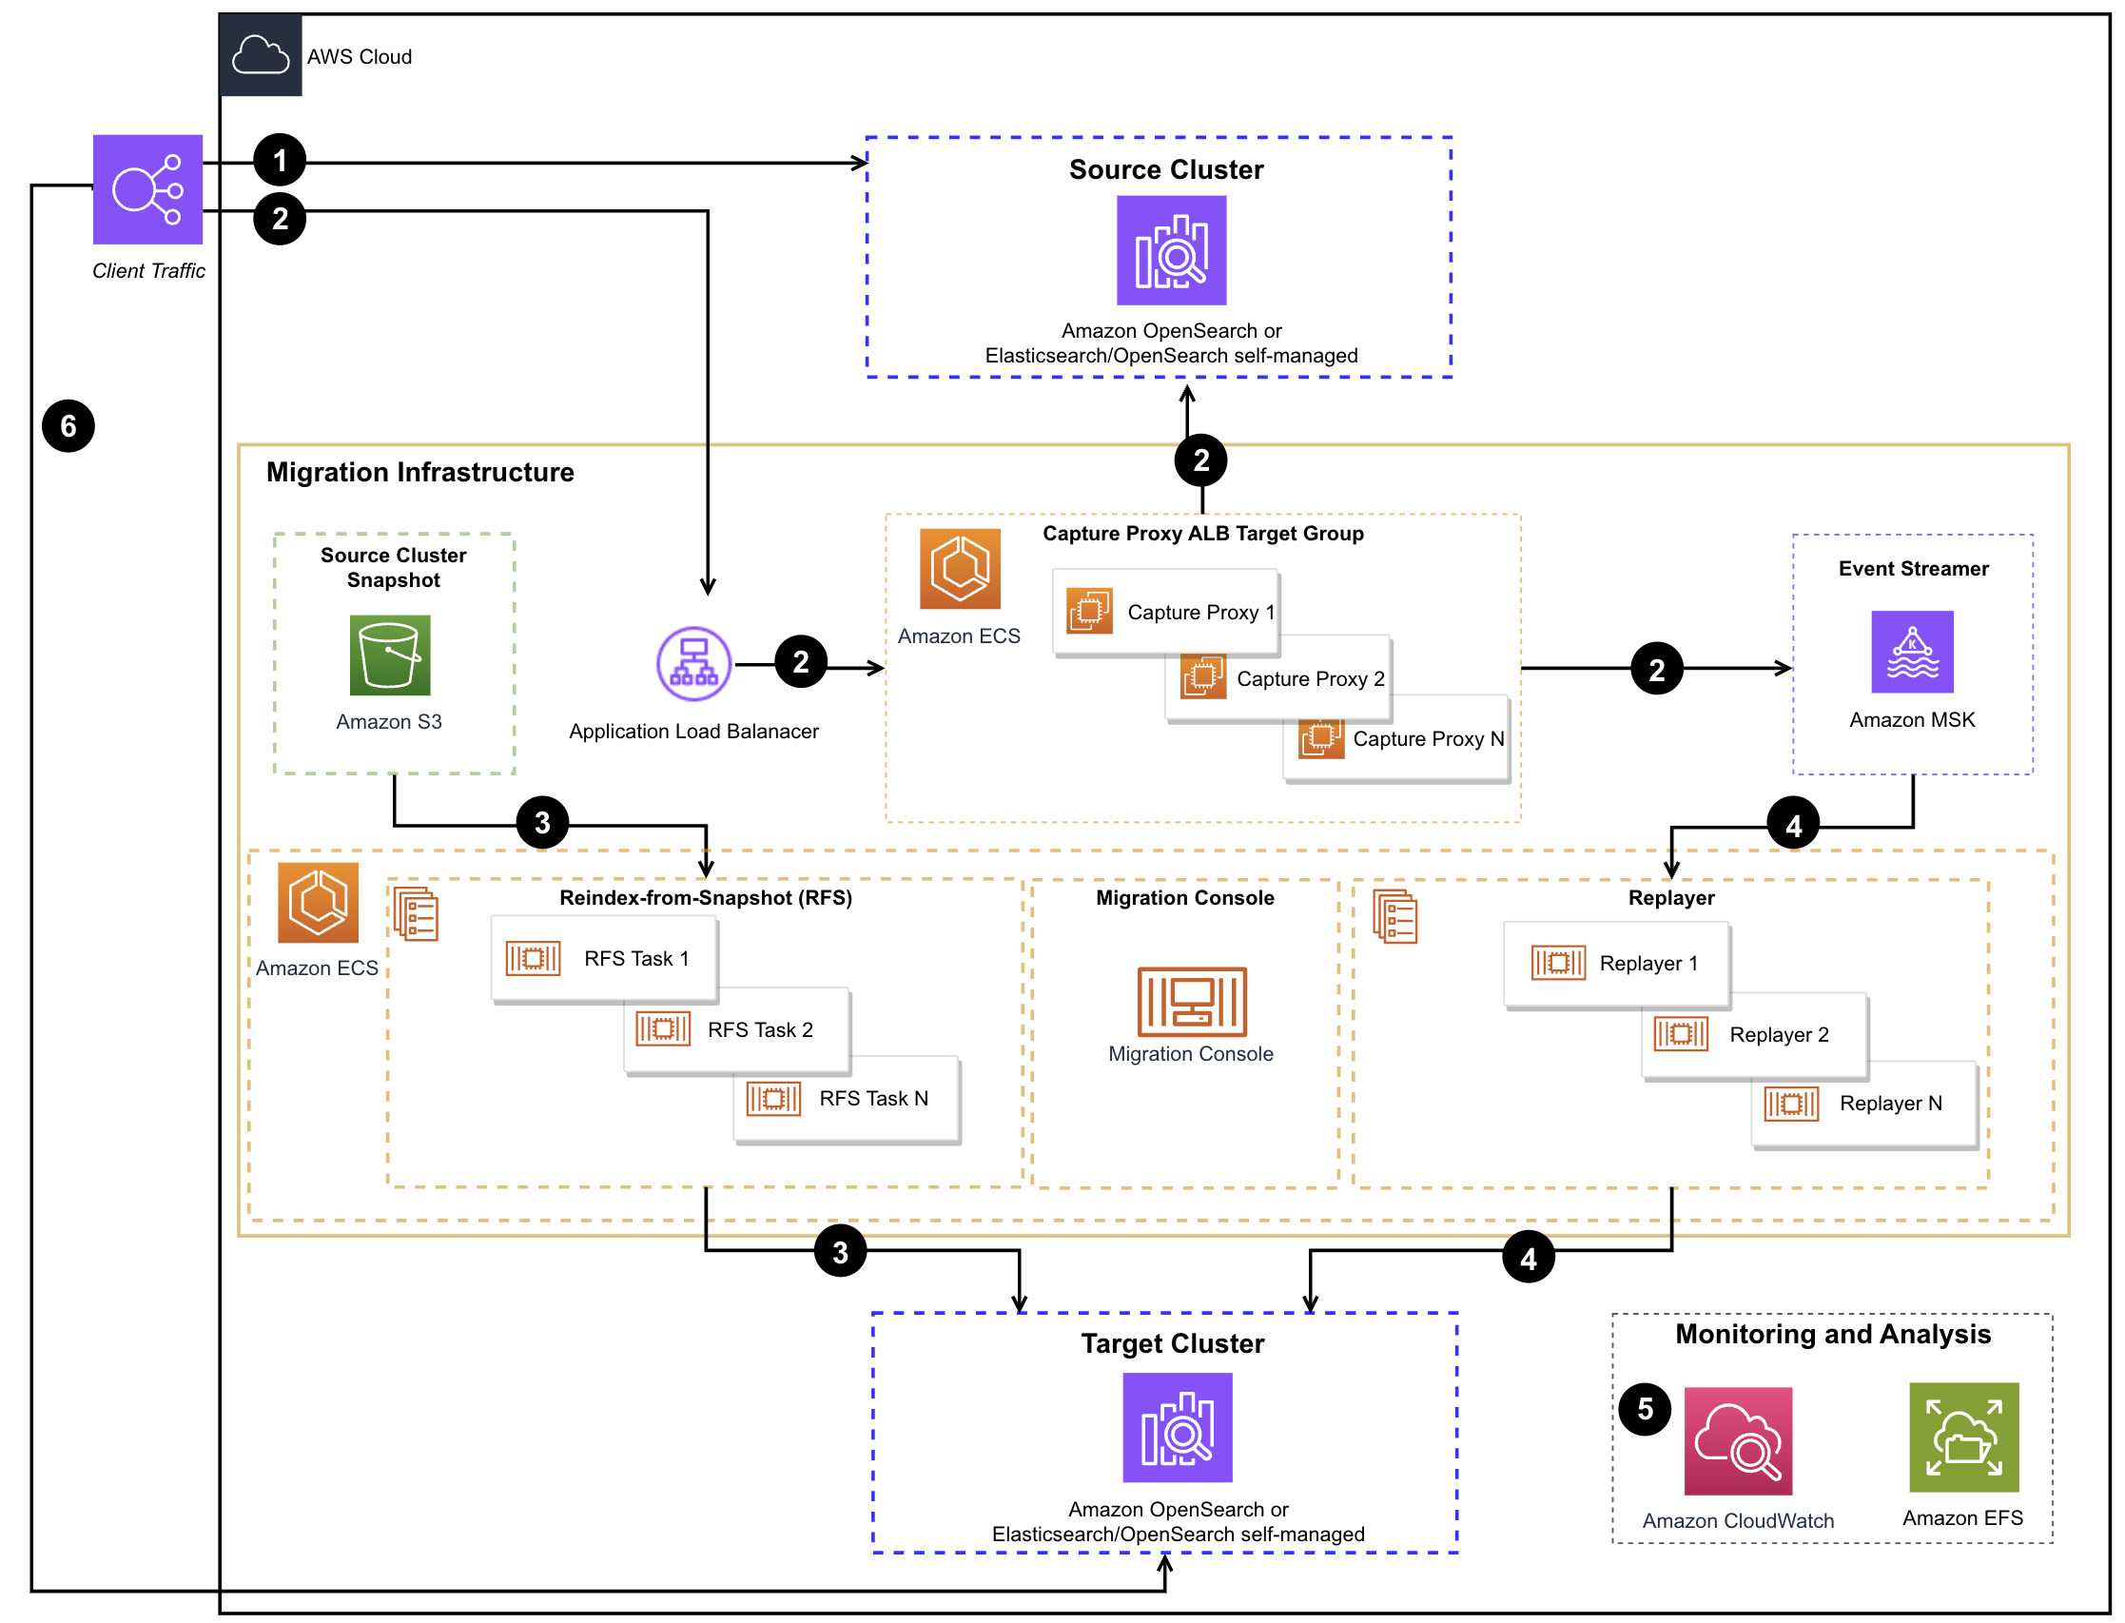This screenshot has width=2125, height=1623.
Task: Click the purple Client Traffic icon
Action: click(x=146, y=189)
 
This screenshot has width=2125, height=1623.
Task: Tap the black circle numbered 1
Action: click(x=279, y=161)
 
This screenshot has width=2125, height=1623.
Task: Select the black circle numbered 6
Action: click(x=68, y=426)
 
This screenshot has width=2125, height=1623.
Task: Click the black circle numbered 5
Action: click(x=1644, y=1410)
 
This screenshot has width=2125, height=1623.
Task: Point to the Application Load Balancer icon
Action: click(x=692, y=664)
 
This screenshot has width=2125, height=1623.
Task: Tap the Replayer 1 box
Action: click(x=1615, y=963)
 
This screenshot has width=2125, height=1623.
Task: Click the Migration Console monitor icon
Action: click(x=1191, y=1001)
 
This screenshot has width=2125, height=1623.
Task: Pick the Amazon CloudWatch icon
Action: click(x=1737, y=1440)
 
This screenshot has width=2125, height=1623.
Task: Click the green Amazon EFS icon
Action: click(x=1962, y=1437)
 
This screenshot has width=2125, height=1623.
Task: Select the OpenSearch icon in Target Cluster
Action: click(x=1177, y=1427)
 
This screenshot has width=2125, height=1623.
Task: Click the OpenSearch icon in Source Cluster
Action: click(x=1171, y=250)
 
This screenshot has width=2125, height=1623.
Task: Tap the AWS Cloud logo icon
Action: click(x=260, y=55)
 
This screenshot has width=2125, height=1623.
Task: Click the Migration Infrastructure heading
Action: click(x=419, y=472)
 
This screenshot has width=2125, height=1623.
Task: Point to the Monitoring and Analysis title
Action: click(x=1831, y=1334)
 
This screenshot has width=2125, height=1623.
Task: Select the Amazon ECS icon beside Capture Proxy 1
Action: click(x=959, y=568)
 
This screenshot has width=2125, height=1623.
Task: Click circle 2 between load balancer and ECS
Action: click(x=801, y=662)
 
